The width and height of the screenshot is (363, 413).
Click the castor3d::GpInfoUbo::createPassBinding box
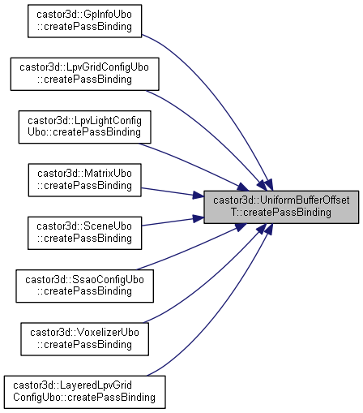tap(84, 21)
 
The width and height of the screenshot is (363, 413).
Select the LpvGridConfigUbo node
tap(85, 74)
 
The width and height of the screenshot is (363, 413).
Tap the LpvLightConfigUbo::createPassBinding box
tap(84, 127)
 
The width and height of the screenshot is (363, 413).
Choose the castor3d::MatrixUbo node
tap(84, 180)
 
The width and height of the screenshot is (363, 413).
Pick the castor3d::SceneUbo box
tap(84, 233)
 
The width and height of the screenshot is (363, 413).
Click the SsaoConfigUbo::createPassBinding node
tap(84, 286)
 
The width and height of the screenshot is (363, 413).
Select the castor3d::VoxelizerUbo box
tap(84, 339)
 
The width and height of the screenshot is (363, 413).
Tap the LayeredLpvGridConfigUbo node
tap(84, 392)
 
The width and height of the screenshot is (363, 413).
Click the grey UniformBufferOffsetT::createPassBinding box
tap(281, 207)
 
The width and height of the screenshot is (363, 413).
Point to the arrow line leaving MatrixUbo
tap(173, 192)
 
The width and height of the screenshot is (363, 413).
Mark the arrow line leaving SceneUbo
tap(173, 222)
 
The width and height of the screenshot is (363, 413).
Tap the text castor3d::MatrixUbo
tap(84, 174)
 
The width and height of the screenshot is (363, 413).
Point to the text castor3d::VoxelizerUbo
tap(84, 333)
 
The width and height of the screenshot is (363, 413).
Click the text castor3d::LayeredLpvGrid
tap(72, 385)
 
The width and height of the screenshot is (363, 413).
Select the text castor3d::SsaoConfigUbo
tap(84, 280)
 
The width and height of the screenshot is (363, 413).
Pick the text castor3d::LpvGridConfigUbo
tap(84, 67)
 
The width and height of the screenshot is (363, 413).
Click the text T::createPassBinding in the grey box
tap(281, 213)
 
